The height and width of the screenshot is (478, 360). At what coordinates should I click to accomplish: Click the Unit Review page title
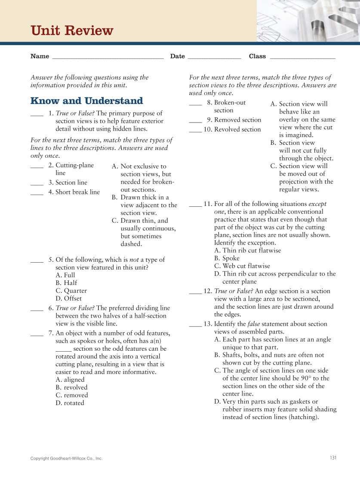(x=72, y=31)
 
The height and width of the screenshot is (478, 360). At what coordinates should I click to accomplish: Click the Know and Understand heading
(x=86, y=101)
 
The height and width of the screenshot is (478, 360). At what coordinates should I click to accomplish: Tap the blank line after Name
(x=108, y=58)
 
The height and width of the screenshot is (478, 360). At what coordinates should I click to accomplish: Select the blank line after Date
(x=214, y=58)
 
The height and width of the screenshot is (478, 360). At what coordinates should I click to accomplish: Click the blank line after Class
(x=302, y=58)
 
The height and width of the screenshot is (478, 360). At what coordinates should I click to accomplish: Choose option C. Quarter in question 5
(x=71, y=291)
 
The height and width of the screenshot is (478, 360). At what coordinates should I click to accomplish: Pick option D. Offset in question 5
(x=68, y=298)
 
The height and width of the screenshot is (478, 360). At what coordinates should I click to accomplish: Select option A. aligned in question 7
(x=70, y=380)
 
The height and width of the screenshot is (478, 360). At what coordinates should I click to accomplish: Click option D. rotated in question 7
(x=70, y=403)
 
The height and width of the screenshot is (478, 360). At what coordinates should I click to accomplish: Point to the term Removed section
(x=237, y=120)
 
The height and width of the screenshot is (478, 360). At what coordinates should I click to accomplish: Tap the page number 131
(x=333, y=458)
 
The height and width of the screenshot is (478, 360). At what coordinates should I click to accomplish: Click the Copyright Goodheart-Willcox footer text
(x=66, y=459)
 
